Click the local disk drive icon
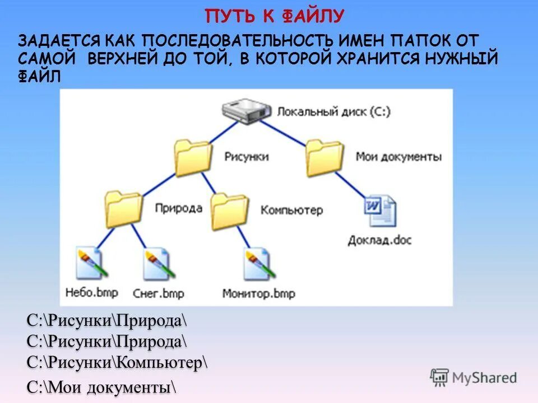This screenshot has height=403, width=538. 245,110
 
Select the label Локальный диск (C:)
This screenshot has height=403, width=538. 333,111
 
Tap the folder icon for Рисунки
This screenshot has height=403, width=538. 192,157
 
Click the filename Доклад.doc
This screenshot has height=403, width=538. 379,240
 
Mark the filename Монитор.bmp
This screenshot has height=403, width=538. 258,293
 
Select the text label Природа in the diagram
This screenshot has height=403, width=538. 179,208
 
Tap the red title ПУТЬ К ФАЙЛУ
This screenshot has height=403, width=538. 274,16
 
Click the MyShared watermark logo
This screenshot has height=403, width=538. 473,377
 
